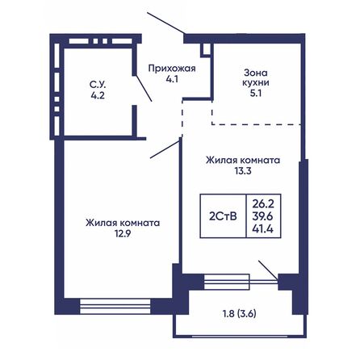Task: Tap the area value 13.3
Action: [x=241, y=172]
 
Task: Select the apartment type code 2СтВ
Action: [x=224, y=215]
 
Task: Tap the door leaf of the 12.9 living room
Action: [x=165, y=148]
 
